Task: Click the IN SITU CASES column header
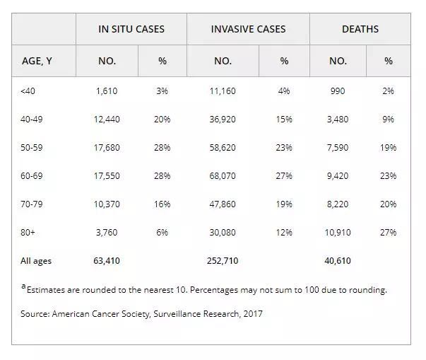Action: [x=131, y=29]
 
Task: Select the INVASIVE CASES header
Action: [x=248, y=29]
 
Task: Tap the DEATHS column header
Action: [x=360, y=29]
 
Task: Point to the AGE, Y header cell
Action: [x=37, y=61]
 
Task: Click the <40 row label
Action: [x=28, y=91]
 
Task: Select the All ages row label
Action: [x=36, y=261]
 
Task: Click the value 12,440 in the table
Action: [x=107, y=120]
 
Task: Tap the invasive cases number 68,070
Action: [x=223, y=176]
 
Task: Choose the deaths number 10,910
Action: [x=338, y=232]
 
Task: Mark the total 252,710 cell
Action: [x=223, y=261]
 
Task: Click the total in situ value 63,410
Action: [x=107, y=261]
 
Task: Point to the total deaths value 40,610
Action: [x=338, y=261]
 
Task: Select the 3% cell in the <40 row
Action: [x=162, y=91]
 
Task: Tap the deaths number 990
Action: [x=338, y=91]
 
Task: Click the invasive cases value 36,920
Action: [x=223, y=120]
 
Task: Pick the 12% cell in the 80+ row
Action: [x=284, y=232]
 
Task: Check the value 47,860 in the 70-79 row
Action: [x=223, y=204]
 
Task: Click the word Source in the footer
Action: [x=35, y=313]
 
